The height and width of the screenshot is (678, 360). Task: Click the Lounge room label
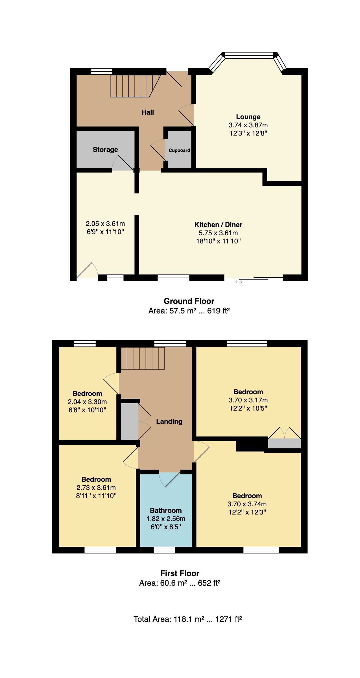tap(248, 117)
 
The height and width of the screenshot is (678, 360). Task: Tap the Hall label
tap(148, 112)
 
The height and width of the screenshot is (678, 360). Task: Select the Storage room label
tap(105, 150)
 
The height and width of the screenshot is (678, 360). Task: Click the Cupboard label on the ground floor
tap(179, 150)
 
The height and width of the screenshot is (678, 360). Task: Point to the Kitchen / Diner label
tap(218, 225)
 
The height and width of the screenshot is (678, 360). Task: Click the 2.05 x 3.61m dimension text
tap(105, 224)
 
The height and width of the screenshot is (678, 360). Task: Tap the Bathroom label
tap(166, 511)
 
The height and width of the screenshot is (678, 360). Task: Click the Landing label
tap(169, 422)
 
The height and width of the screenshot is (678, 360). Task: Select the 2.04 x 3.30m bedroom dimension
tap(87, 402)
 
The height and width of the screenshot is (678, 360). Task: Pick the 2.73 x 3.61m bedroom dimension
tap(96, 488)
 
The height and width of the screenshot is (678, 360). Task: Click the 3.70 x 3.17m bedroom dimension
tap(248, 400)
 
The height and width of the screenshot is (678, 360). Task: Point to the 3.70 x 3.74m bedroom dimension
tap(247, 504)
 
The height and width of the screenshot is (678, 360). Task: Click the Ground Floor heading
tap(189, 301)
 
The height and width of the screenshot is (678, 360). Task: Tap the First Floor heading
tap(180, 573)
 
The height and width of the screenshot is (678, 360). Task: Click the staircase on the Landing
tap(143, 358)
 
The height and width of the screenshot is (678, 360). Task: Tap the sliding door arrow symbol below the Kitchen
tap(239, 282)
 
